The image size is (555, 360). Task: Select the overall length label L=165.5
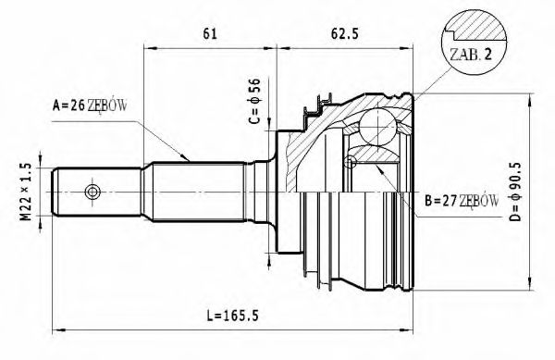click(x=229, y=316)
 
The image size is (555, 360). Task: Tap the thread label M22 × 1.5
click(x=26, y=192)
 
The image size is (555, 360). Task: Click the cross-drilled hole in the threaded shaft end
click(x=92, y=192)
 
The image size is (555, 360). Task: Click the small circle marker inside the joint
click(x=350, y=163)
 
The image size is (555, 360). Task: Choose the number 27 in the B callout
click(x=449, y=200)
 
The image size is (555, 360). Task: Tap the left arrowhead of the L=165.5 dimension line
click(x=57, y=328)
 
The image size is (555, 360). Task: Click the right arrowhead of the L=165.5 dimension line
click(x=411, y=328)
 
